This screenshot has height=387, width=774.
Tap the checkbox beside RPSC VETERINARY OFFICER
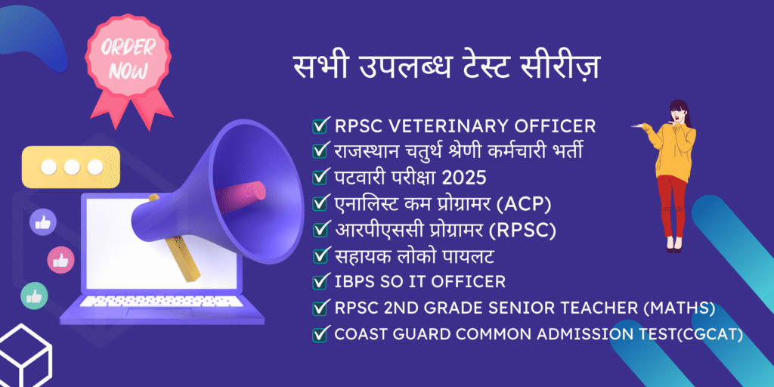320,126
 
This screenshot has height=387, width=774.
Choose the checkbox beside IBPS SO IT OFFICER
320,283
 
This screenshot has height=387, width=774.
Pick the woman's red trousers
672,206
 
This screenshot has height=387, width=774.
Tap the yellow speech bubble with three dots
70,167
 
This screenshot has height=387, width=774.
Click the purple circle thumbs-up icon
43,223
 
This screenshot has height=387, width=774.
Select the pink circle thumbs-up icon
60,260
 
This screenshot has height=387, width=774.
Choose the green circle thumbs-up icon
34,296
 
